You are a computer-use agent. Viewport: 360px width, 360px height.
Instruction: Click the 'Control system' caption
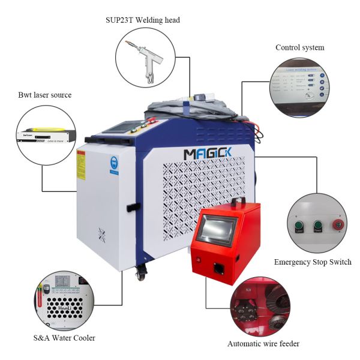299,47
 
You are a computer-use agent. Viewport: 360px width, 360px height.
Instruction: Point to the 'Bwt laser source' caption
45,95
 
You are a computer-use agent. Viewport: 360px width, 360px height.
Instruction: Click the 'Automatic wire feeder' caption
263,344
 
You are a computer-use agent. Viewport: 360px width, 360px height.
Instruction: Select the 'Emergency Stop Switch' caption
313,262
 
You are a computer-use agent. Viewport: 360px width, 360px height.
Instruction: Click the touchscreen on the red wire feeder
219,230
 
